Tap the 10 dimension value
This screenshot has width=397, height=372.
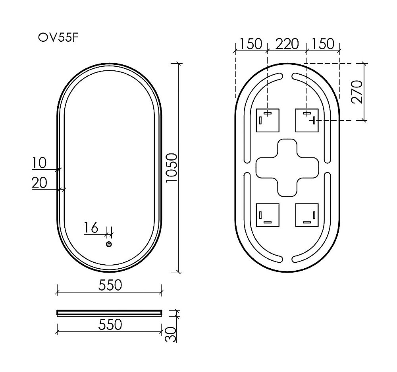[x=40, y=163]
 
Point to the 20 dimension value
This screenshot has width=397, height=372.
[x=39, y=183]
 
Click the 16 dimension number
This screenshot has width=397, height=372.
[x=91, y=228]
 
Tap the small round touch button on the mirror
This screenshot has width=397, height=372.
[x=109, y=244]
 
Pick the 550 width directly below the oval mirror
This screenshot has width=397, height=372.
[x=109, y=285]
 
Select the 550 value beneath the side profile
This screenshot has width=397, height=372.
[x=109, y=325]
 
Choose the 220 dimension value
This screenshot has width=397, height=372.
[x=287, y=43]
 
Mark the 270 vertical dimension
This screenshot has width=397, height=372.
[x=357, y=91]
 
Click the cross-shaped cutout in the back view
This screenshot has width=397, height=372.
[x=287, y=167]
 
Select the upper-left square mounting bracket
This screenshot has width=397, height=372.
[x=268, y=120]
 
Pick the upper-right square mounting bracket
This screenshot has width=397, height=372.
[x=307, y=120]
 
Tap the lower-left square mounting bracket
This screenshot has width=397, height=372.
[x=268, y=215]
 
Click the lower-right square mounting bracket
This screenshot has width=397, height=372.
[x=307, y=215]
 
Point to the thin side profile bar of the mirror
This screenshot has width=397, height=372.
[x=109, y=312]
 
